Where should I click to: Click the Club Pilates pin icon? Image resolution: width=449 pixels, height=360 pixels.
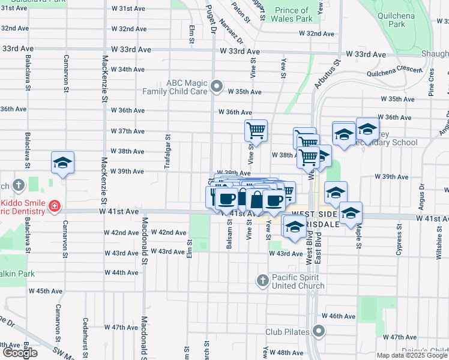pyautogui.click(x=319, y=331)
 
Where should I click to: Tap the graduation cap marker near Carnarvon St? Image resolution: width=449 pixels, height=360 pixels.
pyautogui.click(x=62, y=163)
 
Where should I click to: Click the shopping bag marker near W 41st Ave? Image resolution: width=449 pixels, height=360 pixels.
pyautogui.click(x=256, y=199)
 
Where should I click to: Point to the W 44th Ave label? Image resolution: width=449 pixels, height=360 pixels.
pyautogui.click(x=122, y=272)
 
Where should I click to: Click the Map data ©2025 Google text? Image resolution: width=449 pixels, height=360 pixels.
pyautogui.click(x=412, y=355)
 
